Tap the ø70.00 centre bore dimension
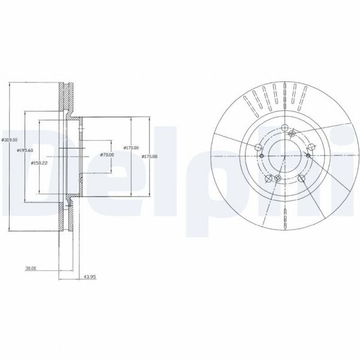tap(108, 155)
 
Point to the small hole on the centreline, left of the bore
tap(262, 156)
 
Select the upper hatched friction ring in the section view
tap(66, 96)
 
